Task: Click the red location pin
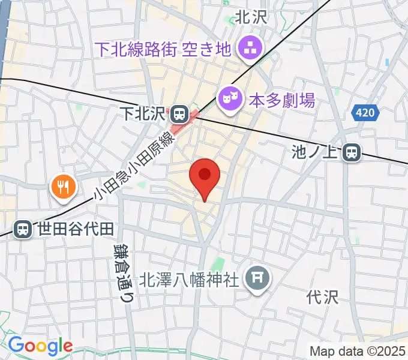tap(205, 178)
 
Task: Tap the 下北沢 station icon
tap(179, 113)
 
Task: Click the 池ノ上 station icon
tap(352, 154)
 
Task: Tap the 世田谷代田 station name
tap(75, 229)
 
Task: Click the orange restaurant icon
tap(63, 187)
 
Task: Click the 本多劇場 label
tap(281, 100)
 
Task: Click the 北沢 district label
tap(250, 18)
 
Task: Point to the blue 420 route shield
tap(365, 112)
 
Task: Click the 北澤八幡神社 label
tap(190, 279)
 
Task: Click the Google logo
tap(40, 346)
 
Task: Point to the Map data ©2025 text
tap(358, 350)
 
